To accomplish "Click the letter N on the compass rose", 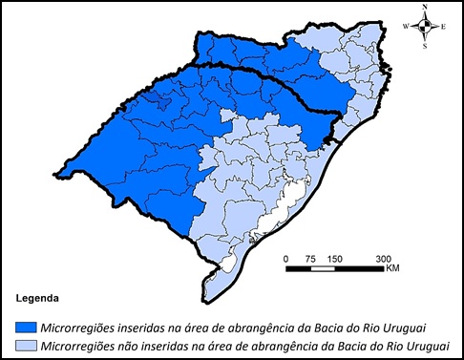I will point(425,8).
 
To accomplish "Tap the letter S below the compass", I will point(425,45).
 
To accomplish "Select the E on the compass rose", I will point(443,27).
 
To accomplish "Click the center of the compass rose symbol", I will point(425,26).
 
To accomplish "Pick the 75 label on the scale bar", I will point(310,259).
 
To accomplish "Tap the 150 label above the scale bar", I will point(335,259).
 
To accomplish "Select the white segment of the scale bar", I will point(323,268).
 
